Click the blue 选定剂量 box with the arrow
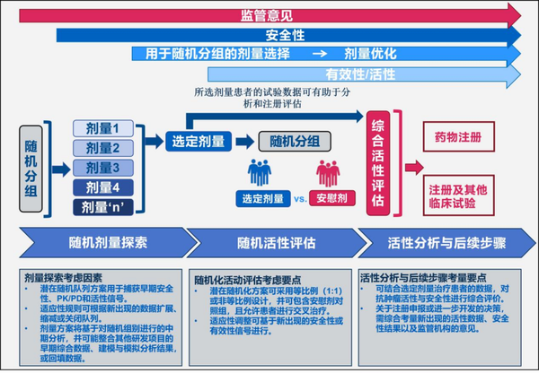tap(194, 140)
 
